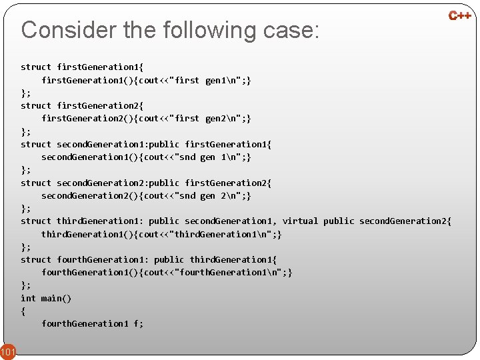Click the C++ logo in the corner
click(x=459, y=15)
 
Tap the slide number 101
click(x=7, y=351)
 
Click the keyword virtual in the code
click(x=300, y=221)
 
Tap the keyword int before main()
click(x=28, y=298)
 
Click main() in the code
click(x=56, y=298)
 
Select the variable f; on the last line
click(x=138, y=324)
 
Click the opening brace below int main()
click(x=23, y=311)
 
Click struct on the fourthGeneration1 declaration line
click(x=36, y=260)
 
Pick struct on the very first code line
click(x=36, y=67)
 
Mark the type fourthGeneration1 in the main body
click(x=85, y=324)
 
